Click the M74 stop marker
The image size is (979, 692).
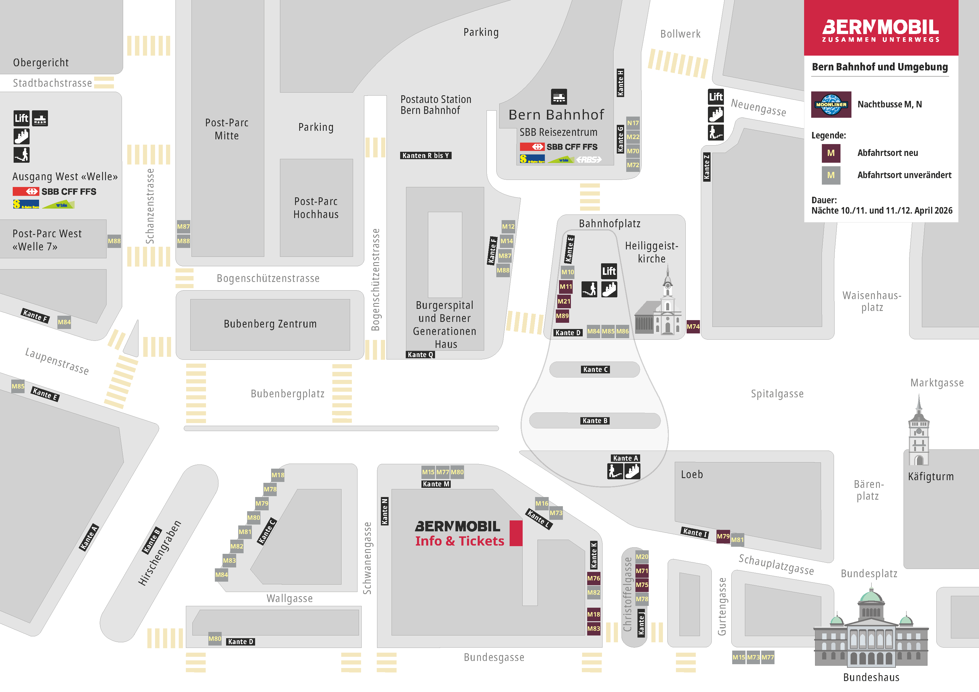pos(693,327)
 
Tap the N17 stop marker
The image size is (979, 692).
pos(633,123)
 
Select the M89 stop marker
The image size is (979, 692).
pos(562,316)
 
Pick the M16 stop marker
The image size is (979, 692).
pos(542,504)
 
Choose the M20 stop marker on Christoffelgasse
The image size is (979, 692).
pos(642,556)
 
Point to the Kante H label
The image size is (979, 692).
pos(620,83)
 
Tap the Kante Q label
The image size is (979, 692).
pos(420,355)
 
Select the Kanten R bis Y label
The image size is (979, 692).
pos(426,156)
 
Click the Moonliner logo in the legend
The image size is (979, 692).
pos(831,104)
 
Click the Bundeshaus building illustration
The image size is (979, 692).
pos(871,631)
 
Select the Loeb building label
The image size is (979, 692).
pos(692,475)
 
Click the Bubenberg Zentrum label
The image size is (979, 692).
pos(270,324)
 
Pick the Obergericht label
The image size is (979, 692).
pos(41,63)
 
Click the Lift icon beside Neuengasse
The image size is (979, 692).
pos(716,97)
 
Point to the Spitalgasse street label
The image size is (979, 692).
pos(777,394)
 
